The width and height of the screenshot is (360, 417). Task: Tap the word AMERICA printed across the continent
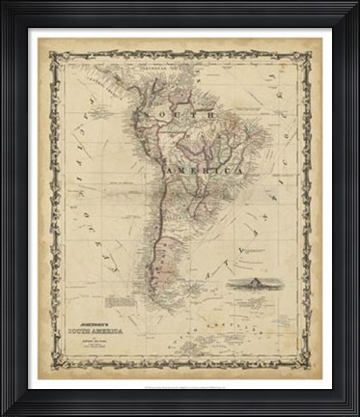205,171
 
